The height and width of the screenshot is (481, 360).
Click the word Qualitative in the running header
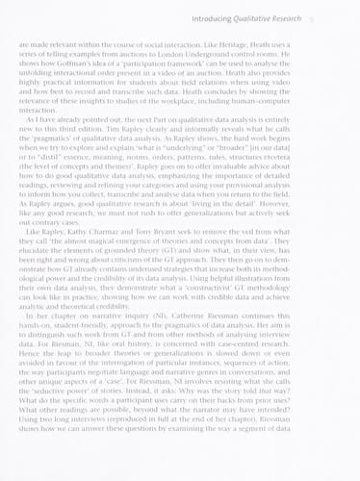[274, 18]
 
